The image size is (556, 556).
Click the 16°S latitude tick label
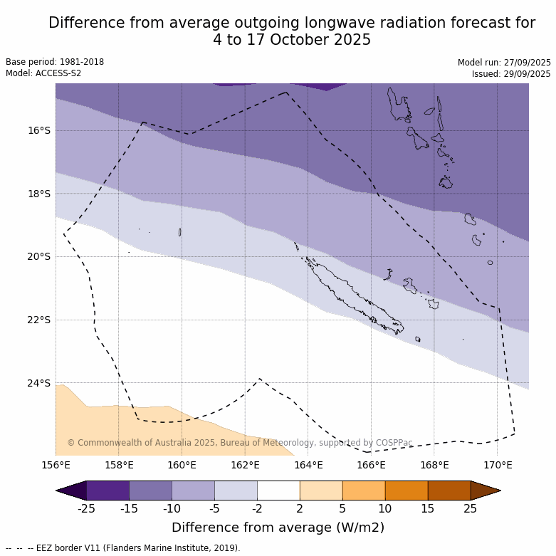point(39,130)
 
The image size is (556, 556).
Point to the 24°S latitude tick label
point(39,383)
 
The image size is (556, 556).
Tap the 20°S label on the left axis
point(39,256)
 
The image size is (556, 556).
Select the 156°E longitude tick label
point(56,466)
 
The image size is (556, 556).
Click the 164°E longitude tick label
point(308,466)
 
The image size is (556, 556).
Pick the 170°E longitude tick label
point(498,466)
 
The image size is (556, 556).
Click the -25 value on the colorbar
point(86,508)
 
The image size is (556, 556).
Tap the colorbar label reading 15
point(428,508)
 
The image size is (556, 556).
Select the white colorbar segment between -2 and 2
point(278,491)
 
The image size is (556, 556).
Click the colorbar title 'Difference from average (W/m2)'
point(278,528)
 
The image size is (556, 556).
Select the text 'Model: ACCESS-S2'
point(43,73)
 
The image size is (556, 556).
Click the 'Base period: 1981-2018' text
point(55,62)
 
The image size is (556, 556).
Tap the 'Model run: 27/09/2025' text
point(504,63)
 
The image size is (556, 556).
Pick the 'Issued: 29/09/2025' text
point(511,74)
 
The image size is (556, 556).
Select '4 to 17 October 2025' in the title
point(292,40)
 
